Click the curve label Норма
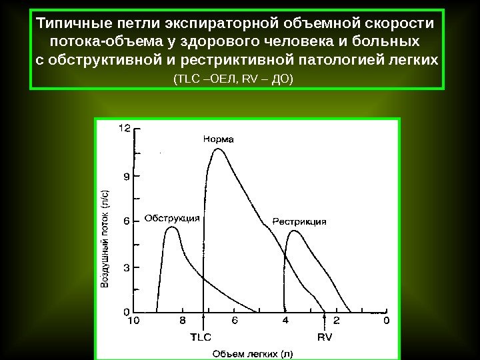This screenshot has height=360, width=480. [219, 139]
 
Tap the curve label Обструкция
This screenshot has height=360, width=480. [173, 217]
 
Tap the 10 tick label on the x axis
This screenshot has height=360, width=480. [133, 321]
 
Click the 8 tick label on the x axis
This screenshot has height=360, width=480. [183, 321]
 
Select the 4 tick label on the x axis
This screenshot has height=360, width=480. [285, 321]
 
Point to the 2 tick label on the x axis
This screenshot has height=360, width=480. [336, 321]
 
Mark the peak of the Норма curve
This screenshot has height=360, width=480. [217, 149]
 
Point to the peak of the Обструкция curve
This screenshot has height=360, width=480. [172, 227]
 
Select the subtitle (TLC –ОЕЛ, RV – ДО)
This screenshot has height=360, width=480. [233, 79]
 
